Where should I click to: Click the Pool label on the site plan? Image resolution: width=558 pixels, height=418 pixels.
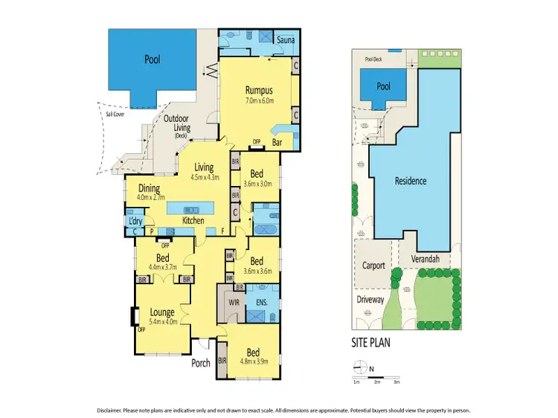(383, 86)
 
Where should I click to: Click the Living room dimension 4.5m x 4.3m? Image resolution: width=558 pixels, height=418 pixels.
(204, 177)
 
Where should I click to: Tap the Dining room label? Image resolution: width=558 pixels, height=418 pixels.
(149, 189)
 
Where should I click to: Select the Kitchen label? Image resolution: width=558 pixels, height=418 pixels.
(193, 221)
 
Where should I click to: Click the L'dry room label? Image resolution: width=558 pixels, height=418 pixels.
(135, 221)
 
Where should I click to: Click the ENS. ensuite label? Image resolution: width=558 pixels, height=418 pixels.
(261, 302)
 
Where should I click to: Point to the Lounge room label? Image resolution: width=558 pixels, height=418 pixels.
(162, 312)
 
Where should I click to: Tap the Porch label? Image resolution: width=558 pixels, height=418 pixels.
(200, 363)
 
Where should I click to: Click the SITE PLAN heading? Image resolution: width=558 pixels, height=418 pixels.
(371, 343)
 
